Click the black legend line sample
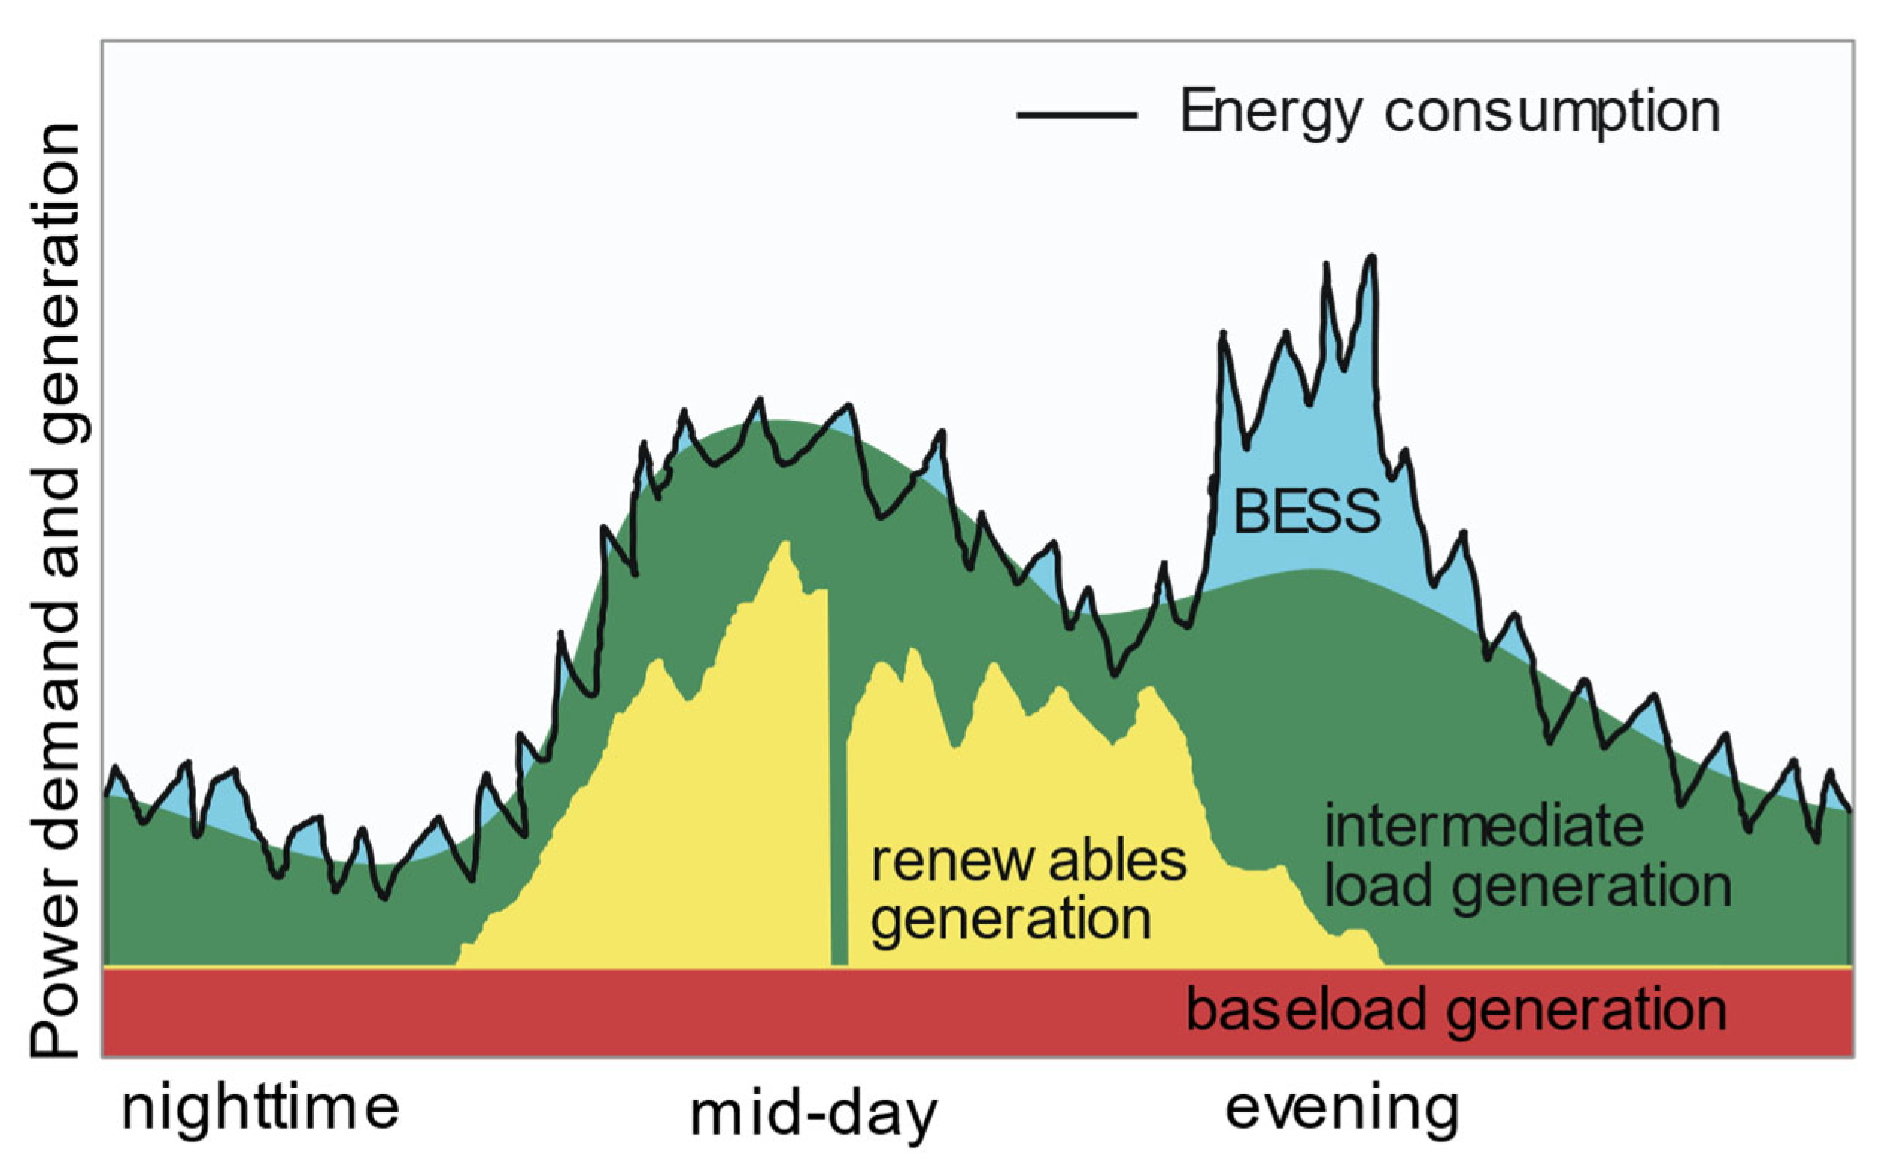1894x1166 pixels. point(1076,115)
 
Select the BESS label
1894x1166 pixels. point(1306,511)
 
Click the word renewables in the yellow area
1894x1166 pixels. point(1028,862)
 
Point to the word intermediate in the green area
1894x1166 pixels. point(1483,826)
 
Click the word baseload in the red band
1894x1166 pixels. point(1306,1009)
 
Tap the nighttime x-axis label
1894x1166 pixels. point(260,1108)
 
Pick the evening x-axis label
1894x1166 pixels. point(1342,1108)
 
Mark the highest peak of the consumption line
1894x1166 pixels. point(1371,258)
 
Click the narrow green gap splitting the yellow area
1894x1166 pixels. point(839,848)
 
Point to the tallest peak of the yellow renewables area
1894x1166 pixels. point(784,545)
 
